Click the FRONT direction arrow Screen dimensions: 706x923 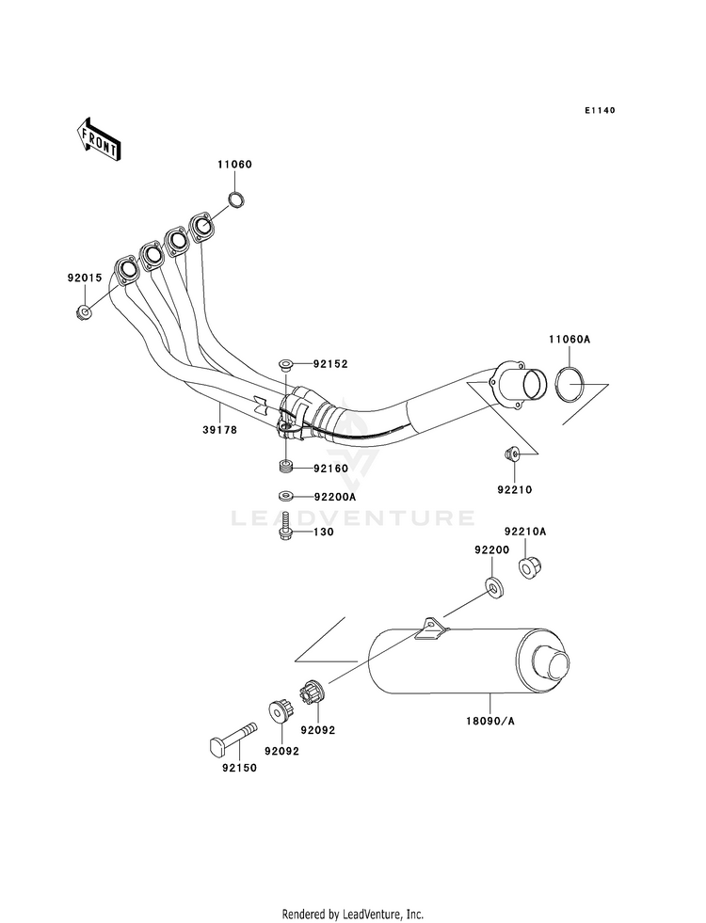coord(99,139)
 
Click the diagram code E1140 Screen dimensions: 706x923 coord(600,110)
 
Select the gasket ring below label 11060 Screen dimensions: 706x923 coord(236,199)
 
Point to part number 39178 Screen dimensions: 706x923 coord(220,430)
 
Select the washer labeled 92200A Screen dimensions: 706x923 coord(286,496)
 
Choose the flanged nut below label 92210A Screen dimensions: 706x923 coord(530,567)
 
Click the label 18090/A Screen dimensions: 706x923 coord(489,721)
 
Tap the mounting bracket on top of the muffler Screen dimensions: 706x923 coord(432,629)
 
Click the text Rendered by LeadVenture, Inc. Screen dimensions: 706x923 coord(353,914)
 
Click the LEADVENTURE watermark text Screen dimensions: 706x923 coord(353,518)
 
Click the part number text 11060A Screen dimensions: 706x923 coord(570,340)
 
